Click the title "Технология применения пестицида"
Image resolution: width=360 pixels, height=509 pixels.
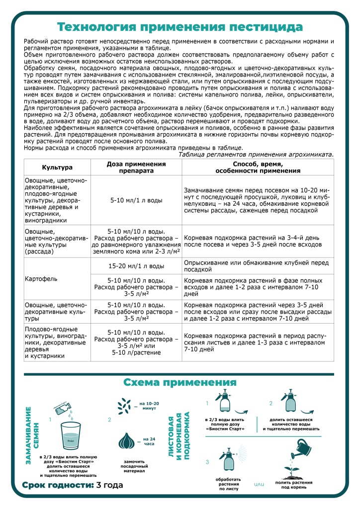click(x=180, y=26)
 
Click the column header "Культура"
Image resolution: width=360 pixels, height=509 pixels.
click(x=57, y=168)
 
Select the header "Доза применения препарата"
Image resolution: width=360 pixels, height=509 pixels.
click(x=136, y=168)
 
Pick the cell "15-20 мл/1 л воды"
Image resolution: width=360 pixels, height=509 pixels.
click(x=136, y=266)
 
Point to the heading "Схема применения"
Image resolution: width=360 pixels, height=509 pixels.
click(x=180, y=382)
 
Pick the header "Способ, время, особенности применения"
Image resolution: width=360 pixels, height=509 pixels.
click(x=258, y=168)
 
